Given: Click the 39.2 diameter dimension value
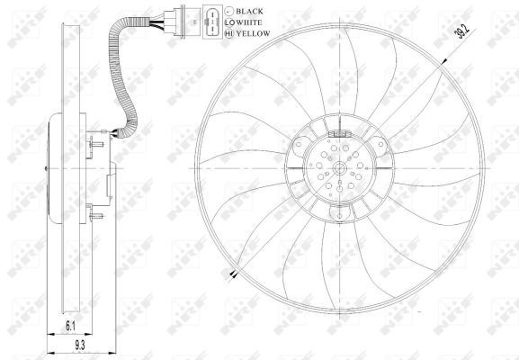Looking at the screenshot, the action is (x=463, y=31).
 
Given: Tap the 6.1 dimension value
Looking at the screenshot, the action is (x=70, y=326).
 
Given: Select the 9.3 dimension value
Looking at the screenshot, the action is (x=80, y=346).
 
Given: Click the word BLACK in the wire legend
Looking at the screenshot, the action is (x=249, y=12).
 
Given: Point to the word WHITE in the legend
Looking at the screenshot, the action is (x=249, y=22).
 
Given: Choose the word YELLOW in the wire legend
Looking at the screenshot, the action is (x=254, y=33).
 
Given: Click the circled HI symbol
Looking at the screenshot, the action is (x=229, y=33).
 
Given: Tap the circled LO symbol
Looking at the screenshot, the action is (x=229, y=22).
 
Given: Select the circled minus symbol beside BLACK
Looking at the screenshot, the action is (x=229, y=12).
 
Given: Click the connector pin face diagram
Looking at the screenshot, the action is (x=212, y=22).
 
